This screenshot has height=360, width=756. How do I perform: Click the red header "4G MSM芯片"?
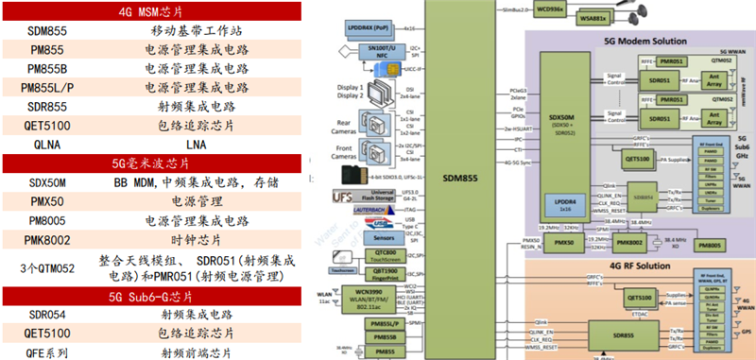(152, 12)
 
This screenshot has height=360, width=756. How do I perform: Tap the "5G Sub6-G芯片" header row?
(152, 296)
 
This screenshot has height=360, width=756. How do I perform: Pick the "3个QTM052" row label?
(48, 267)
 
